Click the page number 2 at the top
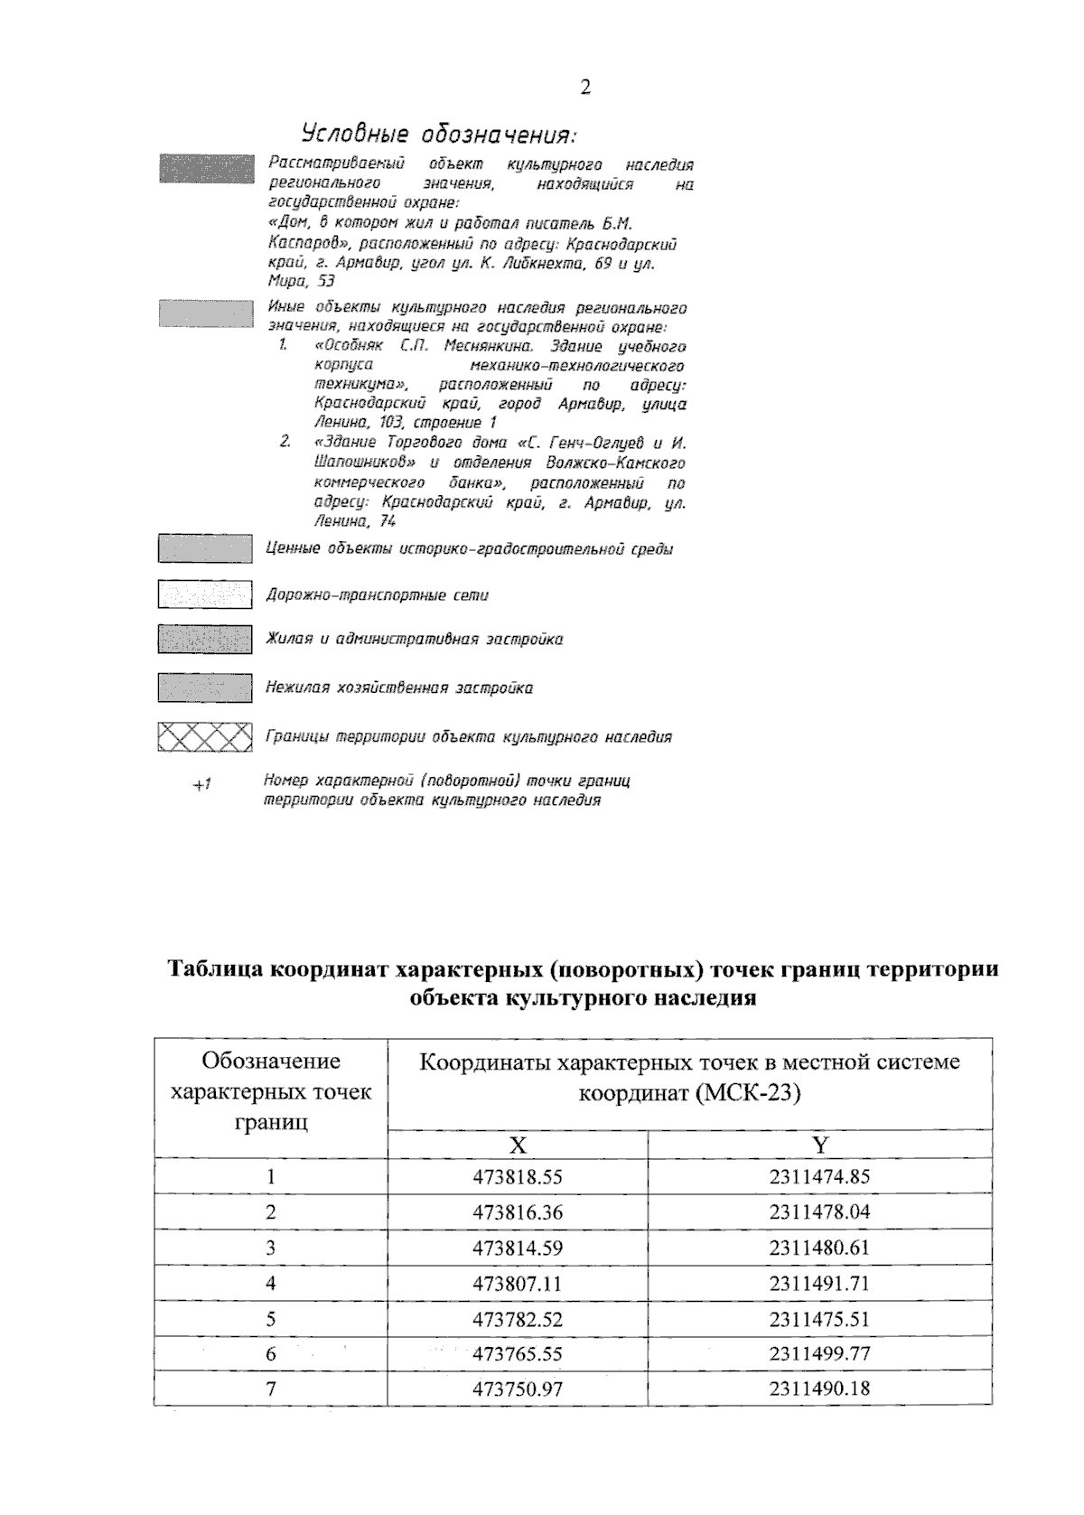click(585, 88)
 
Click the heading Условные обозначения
click(438, 134)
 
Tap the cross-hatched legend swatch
click(205, 737)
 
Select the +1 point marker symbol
click(201, 785)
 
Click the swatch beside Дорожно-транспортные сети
click(205, 594)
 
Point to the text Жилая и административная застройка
click(414, 640)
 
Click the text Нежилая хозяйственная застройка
click(398, 688)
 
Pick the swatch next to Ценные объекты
click(205, 548)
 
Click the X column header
click(517, 1145)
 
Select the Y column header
click(819, 1145)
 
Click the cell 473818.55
click(517, 1177)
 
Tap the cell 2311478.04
click(819, 1212)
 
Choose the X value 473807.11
click(517, 1284)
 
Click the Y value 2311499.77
click(819, 1354)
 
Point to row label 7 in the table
click(270, 1389)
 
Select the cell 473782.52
click(517, 1319)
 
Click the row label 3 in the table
click(270, 1248)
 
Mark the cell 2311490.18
click(819, 1389)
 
